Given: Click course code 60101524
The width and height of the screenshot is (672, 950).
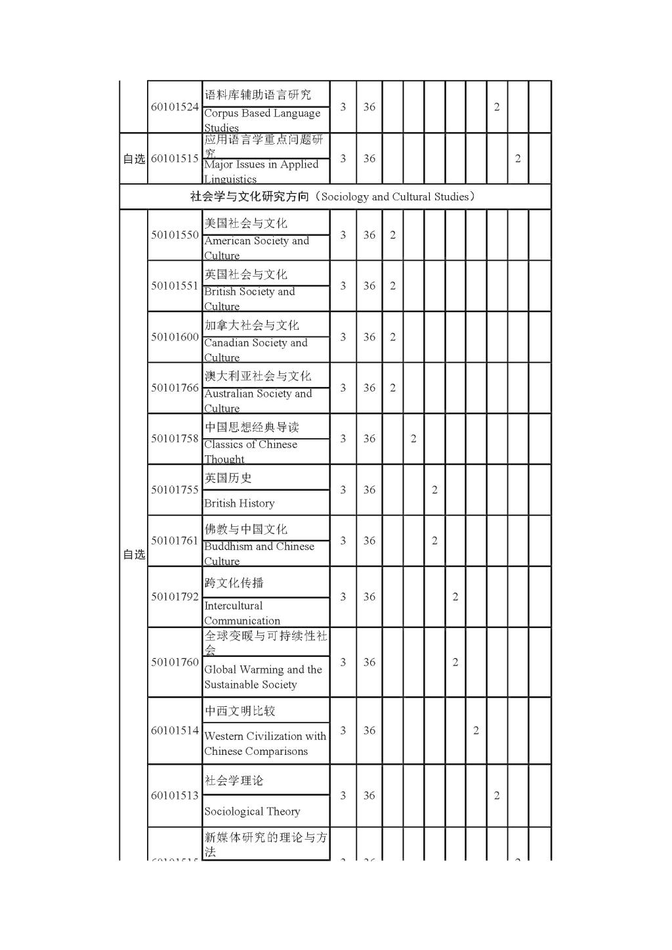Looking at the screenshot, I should [175, 107].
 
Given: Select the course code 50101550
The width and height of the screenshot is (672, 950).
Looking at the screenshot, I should [175, 235].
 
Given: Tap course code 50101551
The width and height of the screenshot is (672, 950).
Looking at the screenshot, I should [175, 286].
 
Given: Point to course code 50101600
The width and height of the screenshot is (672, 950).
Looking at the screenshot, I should [175, 337].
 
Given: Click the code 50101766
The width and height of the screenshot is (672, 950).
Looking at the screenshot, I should [175, 388].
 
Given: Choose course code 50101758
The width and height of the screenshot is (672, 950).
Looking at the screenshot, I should [175, 439].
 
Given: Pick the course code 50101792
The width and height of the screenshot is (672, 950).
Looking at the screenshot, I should [175, 597].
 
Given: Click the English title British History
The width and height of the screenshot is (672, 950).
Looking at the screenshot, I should [240, 503].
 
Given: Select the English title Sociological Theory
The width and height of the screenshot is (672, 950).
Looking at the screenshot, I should [252, 811].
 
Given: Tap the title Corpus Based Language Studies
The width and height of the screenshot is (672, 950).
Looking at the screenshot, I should [262, 120].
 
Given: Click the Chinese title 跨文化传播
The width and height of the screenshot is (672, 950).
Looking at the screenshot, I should [234, 583].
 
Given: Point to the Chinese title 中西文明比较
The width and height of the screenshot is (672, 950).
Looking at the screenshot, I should [240, 711].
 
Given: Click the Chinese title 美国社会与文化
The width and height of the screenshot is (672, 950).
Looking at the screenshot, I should [245, 223].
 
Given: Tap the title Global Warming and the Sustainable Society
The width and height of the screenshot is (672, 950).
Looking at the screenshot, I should [262, 677].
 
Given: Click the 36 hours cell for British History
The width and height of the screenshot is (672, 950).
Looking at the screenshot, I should [369, 489].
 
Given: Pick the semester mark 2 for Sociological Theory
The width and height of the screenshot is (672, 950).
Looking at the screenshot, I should [497, 796].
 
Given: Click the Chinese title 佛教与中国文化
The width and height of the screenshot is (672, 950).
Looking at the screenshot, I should [245, 529].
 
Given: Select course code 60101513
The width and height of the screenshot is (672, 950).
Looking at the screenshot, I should [175, 796].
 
